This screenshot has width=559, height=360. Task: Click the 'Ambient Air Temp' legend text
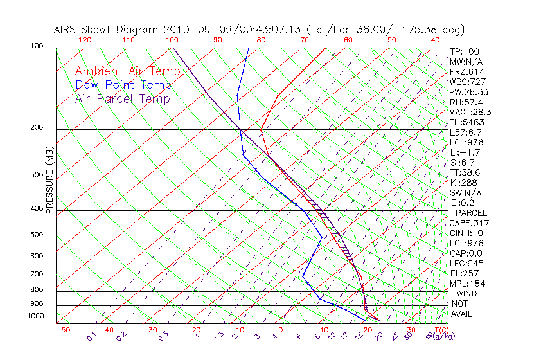coord(122,71)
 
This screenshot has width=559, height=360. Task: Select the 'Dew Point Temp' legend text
coord(123,85)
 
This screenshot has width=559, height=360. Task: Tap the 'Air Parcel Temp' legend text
coord(122,98)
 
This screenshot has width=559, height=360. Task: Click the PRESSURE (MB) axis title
coord(49,184)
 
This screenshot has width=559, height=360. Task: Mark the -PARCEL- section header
coord(471,213)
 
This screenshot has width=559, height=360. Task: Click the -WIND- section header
coord(467,293)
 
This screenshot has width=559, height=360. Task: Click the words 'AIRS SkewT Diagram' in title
coord(107,30)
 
